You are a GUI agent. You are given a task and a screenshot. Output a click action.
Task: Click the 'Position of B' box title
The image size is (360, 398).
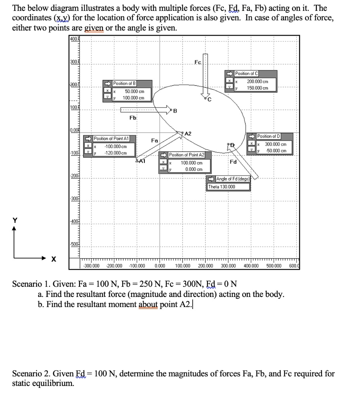point(124,83)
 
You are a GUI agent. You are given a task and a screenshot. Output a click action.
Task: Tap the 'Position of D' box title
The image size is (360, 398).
point(269,136)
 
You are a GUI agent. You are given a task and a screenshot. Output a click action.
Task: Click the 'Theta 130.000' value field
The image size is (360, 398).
point(222,187)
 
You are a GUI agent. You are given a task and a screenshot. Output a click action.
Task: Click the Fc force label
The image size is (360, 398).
point(198,62)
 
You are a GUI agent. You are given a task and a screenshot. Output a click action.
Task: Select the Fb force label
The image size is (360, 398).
point(133,117)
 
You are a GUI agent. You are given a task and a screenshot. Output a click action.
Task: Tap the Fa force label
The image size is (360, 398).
point(155,140)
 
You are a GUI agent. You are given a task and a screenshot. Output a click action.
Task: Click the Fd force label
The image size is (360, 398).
point(233,162)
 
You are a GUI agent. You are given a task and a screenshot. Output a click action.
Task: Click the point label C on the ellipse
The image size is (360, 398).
point(210,100)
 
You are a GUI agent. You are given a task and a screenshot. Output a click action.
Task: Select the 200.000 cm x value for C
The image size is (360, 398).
point(257,82)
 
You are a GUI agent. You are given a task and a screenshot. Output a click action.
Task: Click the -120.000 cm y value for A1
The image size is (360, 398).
point(116,153)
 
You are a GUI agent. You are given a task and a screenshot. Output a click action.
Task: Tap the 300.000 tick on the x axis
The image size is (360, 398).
point(228,266)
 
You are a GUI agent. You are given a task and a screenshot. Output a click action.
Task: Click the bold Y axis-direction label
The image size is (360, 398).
point(15,220)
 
